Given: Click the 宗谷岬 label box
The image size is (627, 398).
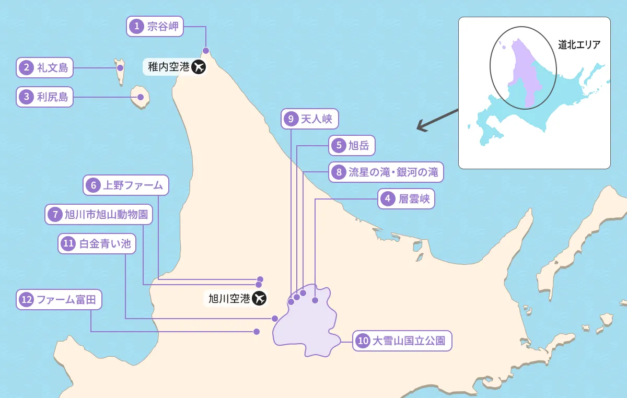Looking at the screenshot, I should coord(155,26).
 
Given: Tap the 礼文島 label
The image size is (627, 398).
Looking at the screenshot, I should coord(45,67).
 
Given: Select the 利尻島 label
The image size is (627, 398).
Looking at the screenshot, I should coord(45,97).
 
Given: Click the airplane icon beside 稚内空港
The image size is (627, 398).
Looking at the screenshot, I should coord(198,67).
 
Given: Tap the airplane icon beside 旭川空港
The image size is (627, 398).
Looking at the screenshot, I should coord(259,299).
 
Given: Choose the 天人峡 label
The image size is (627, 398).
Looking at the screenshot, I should coord(310,119).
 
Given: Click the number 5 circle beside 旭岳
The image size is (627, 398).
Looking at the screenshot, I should coord(339,146).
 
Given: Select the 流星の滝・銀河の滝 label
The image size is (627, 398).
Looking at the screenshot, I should coord(386,172).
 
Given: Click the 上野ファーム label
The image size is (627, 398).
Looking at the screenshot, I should coord(126,185).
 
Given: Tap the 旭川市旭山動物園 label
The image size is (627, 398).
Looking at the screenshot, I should coord(99,214).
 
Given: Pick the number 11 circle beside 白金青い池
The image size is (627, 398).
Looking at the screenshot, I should coord(68,243).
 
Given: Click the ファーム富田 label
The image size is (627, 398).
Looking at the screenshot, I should coord(59,300).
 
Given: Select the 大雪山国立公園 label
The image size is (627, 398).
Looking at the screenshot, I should coord(402,342).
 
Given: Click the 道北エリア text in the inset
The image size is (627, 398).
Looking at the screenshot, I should coord(579,45).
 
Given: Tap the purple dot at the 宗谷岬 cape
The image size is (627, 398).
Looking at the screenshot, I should coord(206,51).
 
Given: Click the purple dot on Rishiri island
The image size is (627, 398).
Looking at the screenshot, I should coord(140,97).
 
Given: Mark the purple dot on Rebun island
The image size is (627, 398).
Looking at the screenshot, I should coord(120,67).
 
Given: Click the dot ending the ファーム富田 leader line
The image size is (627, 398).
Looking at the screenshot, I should coord(257,332).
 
